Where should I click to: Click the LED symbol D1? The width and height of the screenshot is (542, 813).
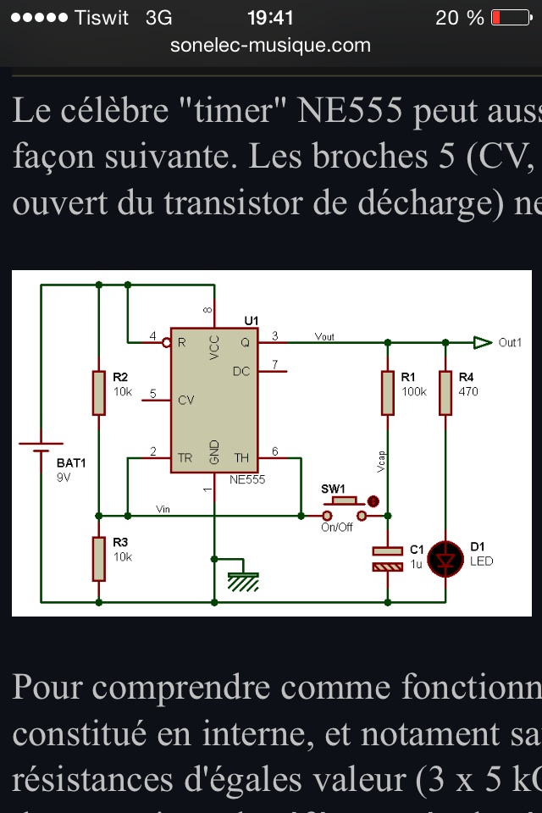pos(445,558)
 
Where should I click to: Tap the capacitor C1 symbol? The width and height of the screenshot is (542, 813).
pos(388,558)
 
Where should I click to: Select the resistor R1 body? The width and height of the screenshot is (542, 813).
pos(388,392)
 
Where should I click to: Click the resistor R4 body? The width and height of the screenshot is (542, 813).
pos(445,392)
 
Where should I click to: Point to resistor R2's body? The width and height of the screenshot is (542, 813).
pos(99,392)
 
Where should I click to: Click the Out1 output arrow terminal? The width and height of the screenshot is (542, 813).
pos(483,342)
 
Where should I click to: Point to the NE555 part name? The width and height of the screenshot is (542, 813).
pos(247,479)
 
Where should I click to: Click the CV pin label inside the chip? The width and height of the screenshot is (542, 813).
pos(186,400)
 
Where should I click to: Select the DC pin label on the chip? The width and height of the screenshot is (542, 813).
pos(241,371)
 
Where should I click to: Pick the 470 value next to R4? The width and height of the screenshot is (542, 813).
pos(468,392)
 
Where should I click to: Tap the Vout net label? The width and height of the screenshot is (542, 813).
pos(324,336)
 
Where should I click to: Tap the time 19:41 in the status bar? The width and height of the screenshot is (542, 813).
pos(270,17)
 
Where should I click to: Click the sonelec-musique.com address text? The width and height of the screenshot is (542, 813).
pos(270,45)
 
